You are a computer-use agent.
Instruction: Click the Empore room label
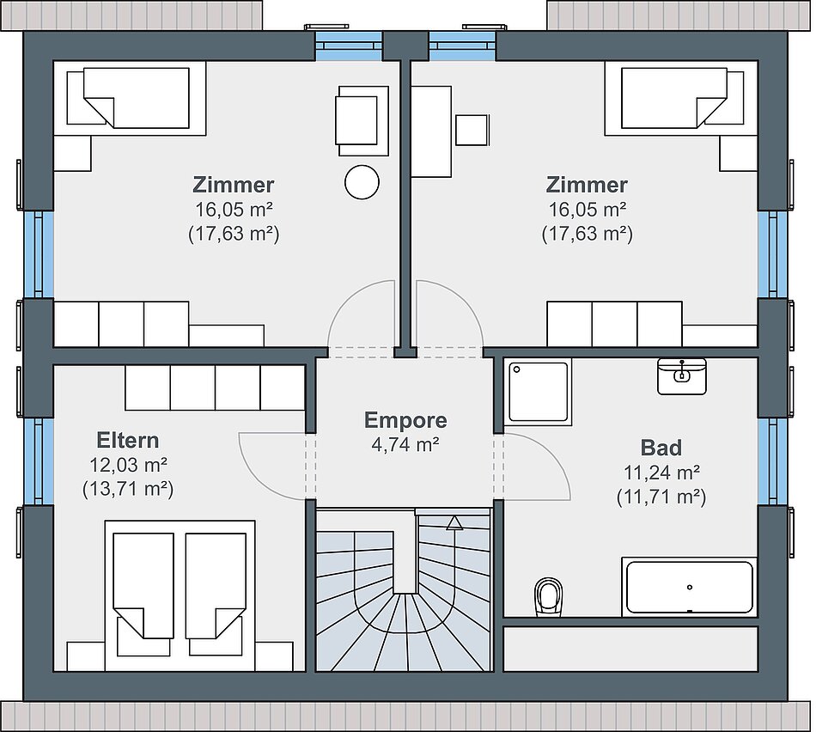pyautogui.click(x=405, y=421)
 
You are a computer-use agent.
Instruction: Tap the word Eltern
pyautogui.click(x=127, y=441)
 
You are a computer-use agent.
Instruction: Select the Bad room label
pyautogui.click(x=661, y=448)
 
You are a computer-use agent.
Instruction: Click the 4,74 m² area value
pyautogui.click(x=405, y=445)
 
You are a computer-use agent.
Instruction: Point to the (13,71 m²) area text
pyautogui.click(x=128, y=489)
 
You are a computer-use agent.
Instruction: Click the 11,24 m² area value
pyautogui.click(x=661, y=473)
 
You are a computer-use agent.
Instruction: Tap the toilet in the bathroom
pyautogui.click(x=549, y=596)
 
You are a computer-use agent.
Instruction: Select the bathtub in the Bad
pyautogui.click(x=690, y=587)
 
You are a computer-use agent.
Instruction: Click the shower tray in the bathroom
pyautogui.click(x=538, y=392)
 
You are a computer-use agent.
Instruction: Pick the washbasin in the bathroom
pyautogui.click(x=682, y=376)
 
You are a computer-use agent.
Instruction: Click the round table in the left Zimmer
pyautogui.click(x=362, y=181)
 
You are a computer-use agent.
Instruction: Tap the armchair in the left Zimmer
pyautogui.click(x=362, y=121)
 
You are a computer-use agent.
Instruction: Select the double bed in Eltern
pyautogui.click(x=180, y=595)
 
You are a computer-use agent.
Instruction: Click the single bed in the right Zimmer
pyautogui.click(x=681, y=99)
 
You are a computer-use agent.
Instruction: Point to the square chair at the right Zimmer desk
pyautogui.click(x=472, y=130)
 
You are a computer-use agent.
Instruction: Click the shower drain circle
pyautogui.click(x=517, y=369)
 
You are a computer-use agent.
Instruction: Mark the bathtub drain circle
pyautogui.click(x=690, y=588)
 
